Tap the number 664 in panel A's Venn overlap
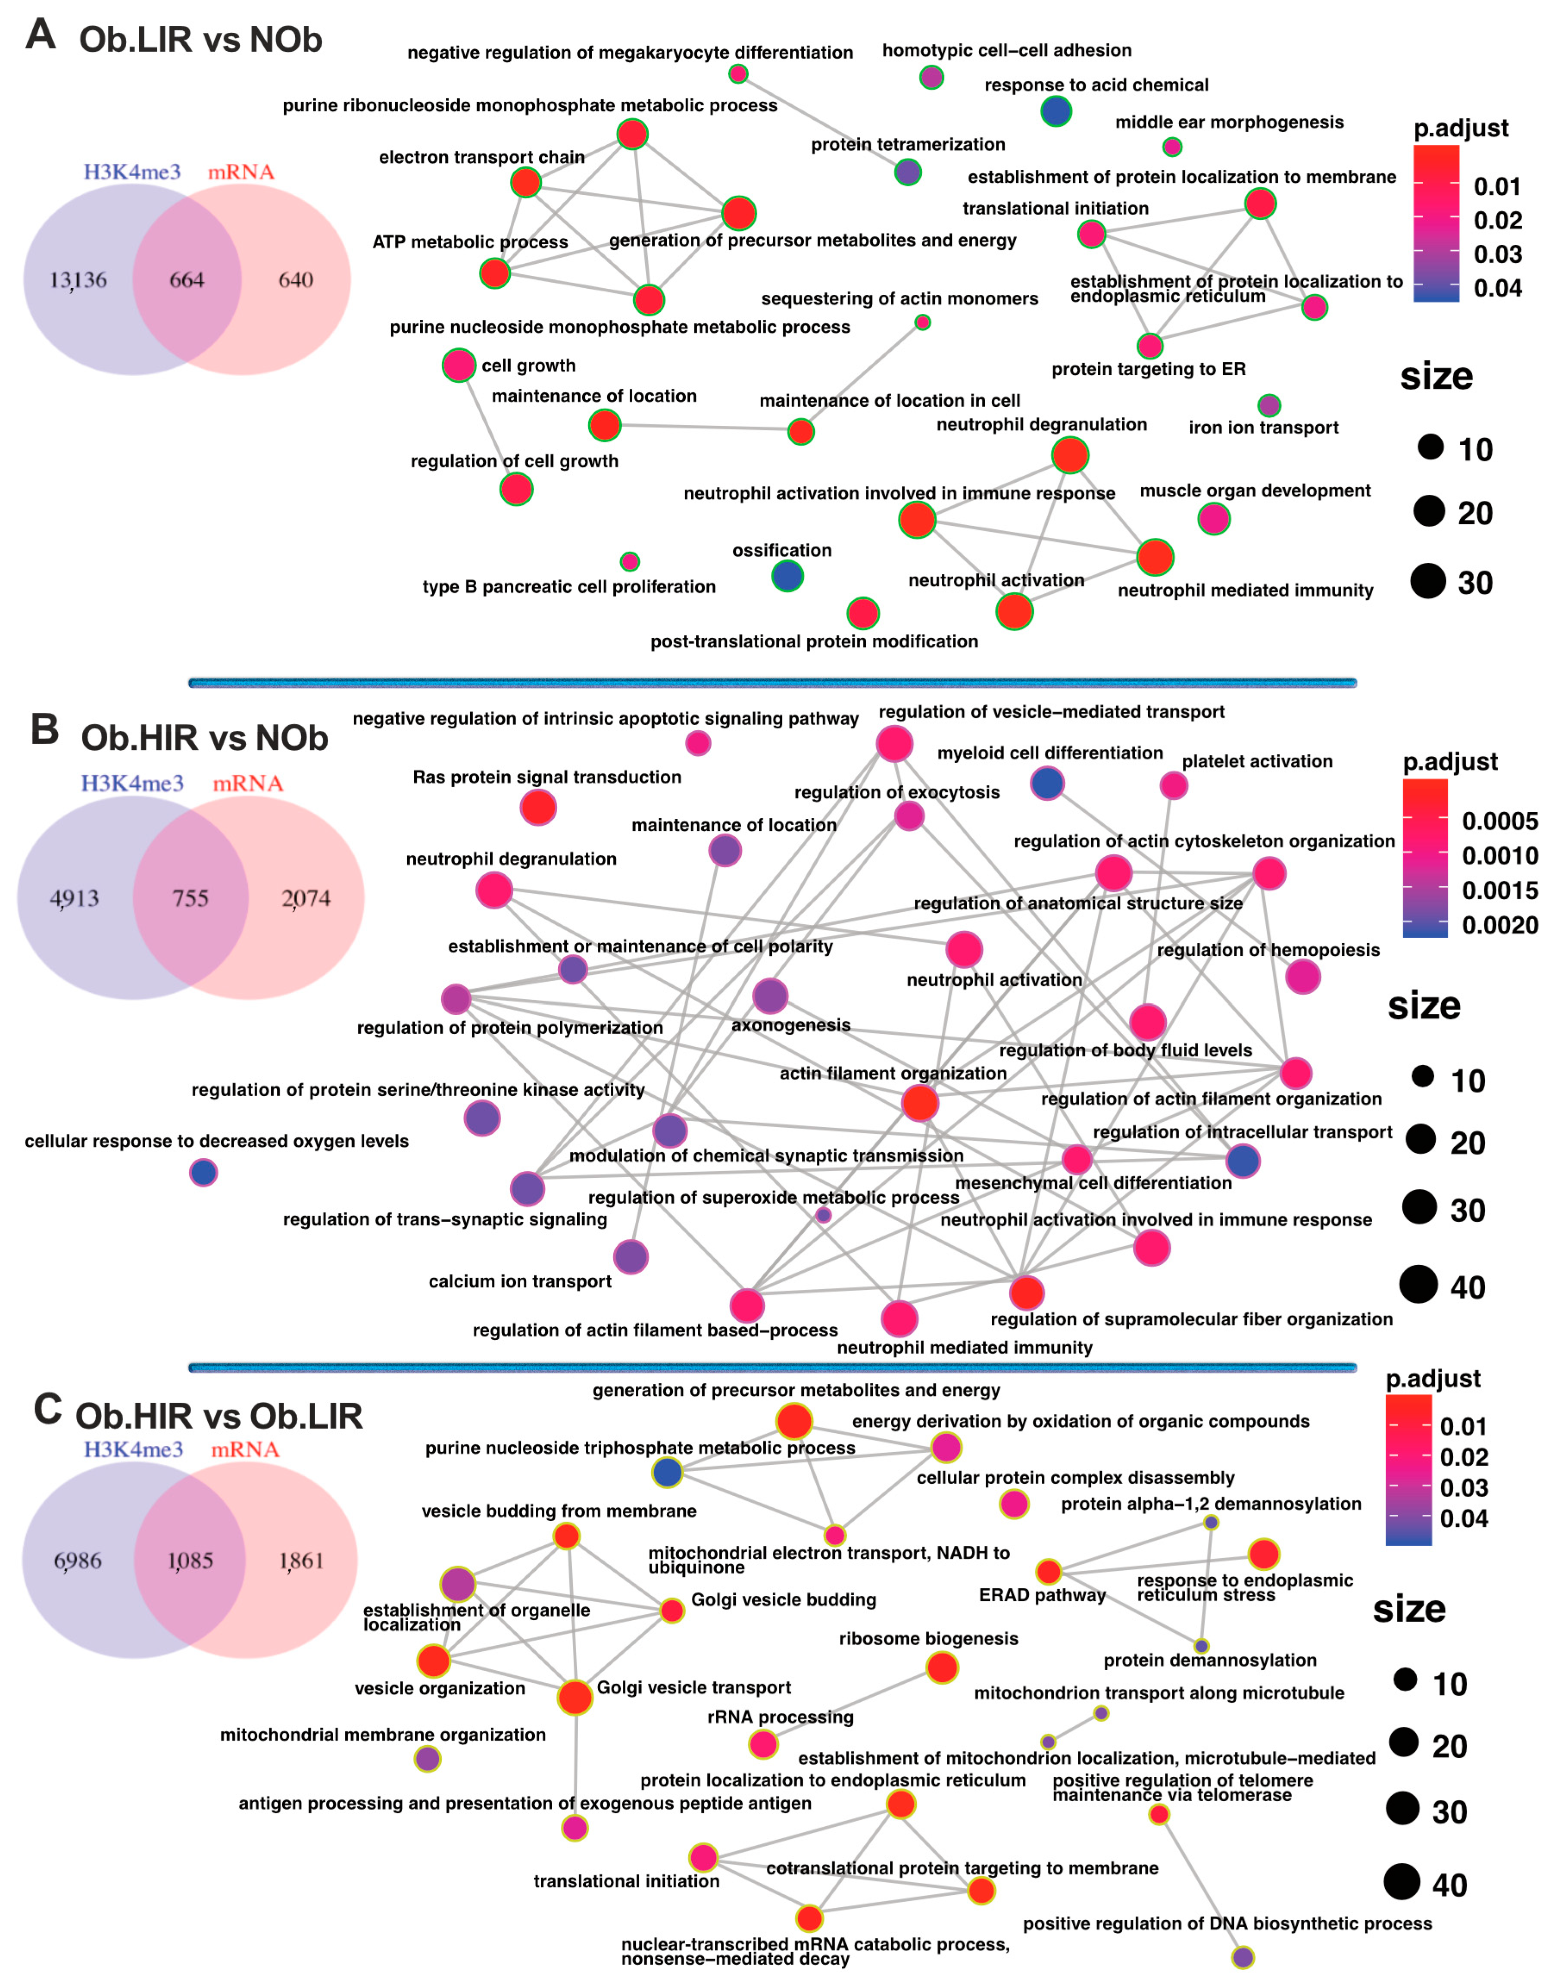(x=186, y=280)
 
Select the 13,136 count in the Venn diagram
(x=78, y=280)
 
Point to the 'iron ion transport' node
(x=1269, y=405)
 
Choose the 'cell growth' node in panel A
(x=459, y=365)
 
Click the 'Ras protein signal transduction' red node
(x=538, y=807)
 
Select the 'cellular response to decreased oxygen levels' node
(x=203, y=1173)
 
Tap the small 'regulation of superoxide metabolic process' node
(x=823, y=1214)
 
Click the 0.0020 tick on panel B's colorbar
(x=1499, y=925)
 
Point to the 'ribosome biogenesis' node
(x=942, y=1667)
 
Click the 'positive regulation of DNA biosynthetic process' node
(x=1243, y=1957)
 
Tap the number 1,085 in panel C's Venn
(x=190, y=1561)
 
